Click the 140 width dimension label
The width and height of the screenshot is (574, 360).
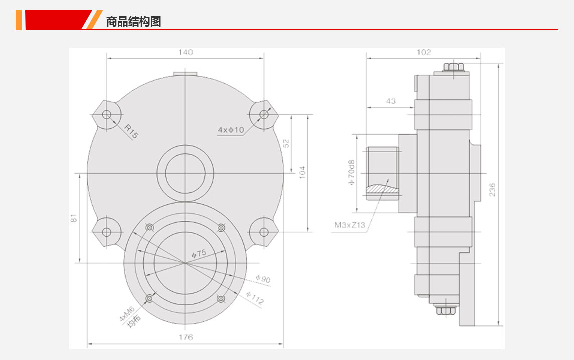[185, 52]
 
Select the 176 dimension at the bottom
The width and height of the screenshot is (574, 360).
[185, 337]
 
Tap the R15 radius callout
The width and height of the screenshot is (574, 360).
[131, 131]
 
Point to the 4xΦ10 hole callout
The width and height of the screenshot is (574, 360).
[231, 130]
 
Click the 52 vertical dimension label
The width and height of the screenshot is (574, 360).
[286, 143]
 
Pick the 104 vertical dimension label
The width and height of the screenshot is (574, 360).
[302, 172]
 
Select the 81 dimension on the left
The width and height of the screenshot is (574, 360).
[74, 218]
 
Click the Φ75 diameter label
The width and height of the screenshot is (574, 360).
[199, 253]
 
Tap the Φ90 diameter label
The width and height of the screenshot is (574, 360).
[263, 279]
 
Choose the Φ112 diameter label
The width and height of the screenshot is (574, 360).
[255, 298]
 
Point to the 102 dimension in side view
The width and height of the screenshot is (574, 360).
[424, 52]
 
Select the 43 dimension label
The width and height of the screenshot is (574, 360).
[391, 101]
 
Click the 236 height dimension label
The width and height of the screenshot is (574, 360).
[492, 190]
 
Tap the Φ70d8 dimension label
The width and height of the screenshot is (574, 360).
[351, 172]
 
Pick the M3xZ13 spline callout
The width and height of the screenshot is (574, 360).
[350, 225]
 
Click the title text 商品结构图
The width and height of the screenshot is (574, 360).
[134, 21]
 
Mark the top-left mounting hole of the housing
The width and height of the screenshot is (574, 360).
[106, 115]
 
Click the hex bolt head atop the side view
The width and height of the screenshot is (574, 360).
[454, 67]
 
